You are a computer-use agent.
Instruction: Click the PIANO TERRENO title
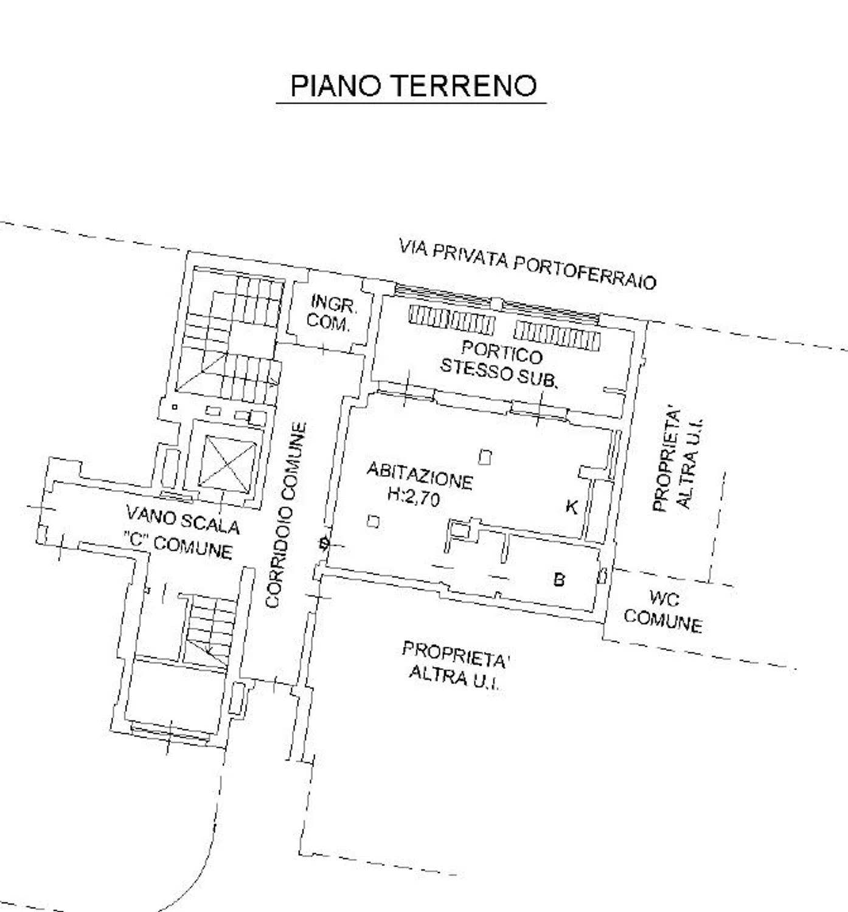pos(414,85)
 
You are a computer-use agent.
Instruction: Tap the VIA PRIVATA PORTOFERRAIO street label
pos(527,264)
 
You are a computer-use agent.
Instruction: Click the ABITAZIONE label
pos(420,475)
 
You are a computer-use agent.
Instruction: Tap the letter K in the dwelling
pos(572,507)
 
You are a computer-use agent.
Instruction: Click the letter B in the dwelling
pos(559,580)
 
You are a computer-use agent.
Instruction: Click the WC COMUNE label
pos(664,613)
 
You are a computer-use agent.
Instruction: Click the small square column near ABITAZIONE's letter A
pos(374,521)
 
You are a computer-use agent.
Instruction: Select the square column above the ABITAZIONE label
pos(485,457)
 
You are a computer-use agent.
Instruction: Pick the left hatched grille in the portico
pos(452,318)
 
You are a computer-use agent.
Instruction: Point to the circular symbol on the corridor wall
pos(324,544)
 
